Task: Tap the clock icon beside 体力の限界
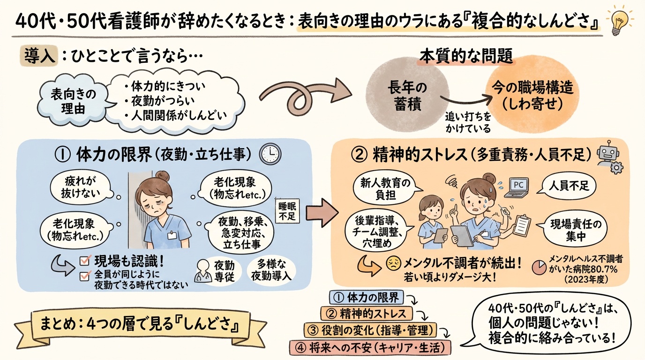tap(271, 153)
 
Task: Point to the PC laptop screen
tap(518, 185)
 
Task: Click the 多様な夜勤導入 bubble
tap(270, 270)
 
